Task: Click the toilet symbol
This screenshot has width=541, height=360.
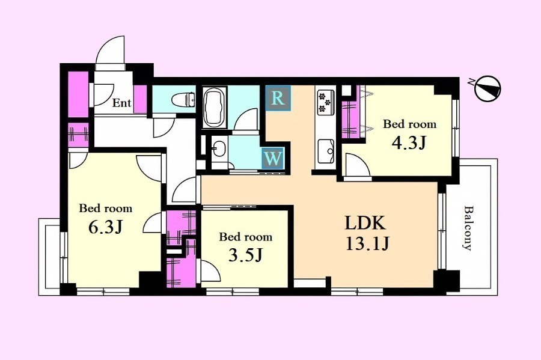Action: coord(183,100)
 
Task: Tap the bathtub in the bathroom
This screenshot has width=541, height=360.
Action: coord(215,108)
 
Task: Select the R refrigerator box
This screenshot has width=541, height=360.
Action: coord(278,98)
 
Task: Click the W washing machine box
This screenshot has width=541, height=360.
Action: coord(273,158)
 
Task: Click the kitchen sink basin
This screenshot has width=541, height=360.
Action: coord(326,151)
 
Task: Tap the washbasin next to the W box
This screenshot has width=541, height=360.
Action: coord(218,149)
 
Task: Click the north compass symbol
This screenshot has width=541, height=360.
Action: coord(487,88)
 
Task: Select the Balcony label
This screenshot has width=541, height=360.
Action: coord(468,228)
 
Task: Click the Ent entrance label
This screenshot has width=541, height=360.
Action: coord(122,103)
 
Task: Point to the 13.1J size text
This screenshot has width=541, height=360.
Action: coord(367,244)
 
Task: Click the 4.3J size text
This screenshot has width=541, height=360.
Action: coord(409,143)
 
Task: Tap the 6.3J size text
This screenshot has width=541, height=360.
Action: coord(106,227)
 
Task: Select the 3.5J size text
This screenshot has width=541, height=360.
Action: coord(246,255)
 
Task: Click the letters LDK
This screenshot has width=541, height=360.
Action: coord(365,223)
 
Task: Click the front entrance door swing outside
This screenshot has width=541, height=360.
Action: coord(110,53)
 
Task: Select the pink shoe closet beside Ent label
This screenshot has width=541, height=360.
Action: coord(140,99)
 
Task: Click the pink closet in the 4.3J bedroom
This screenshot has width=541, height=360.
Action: coord(350,118)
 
